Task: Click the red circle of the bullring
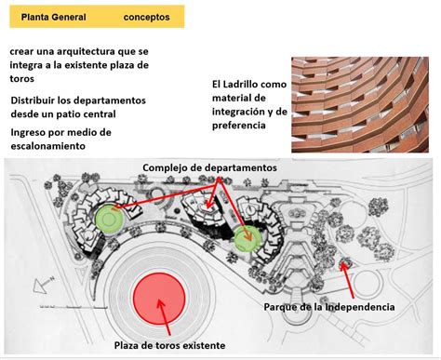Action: click(159, 299)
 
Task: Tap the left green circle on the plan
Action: click(110, 219)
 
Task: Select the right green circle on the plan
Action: click(247, 238)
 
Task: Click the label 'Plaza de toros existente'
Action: click(169, 345)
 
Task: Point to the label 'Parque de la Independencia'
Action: click(329, 307)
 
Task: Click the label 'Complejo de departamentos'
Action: click(209, 167)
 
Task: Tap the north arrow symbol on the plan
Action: click(44, 285)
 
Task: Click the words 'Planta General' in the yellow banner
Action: click(53, 17)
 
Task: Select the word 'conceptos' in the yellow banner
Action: click(146, 18)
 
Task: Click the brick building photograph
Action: click(360, 104)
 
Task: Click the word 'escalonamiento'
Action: click(48, 146)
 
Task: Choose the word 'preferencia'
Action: click(239, 126)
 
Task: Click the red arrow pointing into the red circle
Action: click(164, 317)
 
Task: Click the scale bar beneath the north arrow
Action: click(73, 307)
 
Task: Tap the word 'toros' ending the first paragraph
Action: click(21, 79)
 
